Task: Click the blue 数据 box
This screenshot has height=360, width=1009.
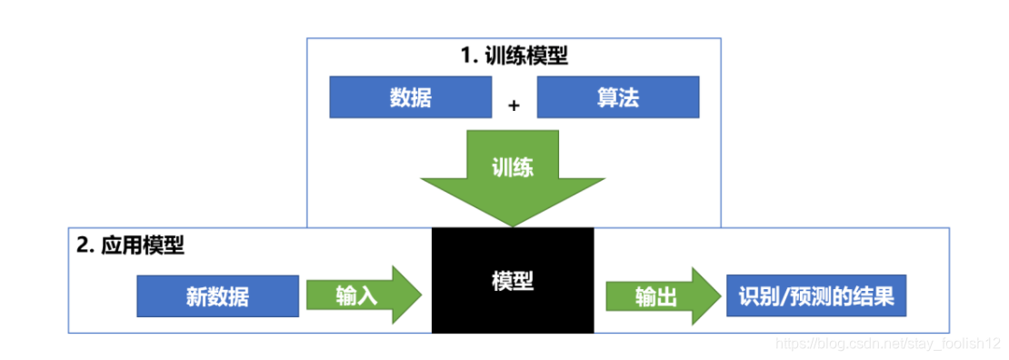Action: pos(410,96)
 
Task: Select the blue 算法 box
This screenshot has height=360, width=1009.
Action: pos(618,96)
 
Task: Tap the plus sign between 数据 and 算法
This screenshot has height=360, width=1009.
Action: pos(514,105)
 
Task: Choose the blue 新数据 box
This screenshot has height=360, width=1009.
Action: pos(217,296)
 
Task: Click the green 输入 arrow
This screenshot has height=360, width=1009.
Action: pos(364,296)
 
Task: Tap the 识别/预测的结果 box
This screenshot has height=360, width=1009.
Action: pos(815,296)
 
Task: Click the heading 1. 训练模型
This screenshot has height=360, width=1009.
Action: pos(514,55)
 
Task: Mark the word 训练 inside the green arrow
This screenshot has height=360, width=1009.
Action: pos(512,167)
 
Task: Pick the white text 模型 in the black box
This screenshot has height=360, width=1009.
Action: pos(512,281)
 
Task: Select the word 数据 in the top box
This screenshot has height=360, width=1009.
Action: pos(410,96)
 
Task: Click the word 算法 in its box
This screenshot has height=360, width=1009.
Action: pos(618,96)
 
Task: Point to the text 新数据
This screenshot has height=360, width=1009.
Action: pos(217,296)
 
